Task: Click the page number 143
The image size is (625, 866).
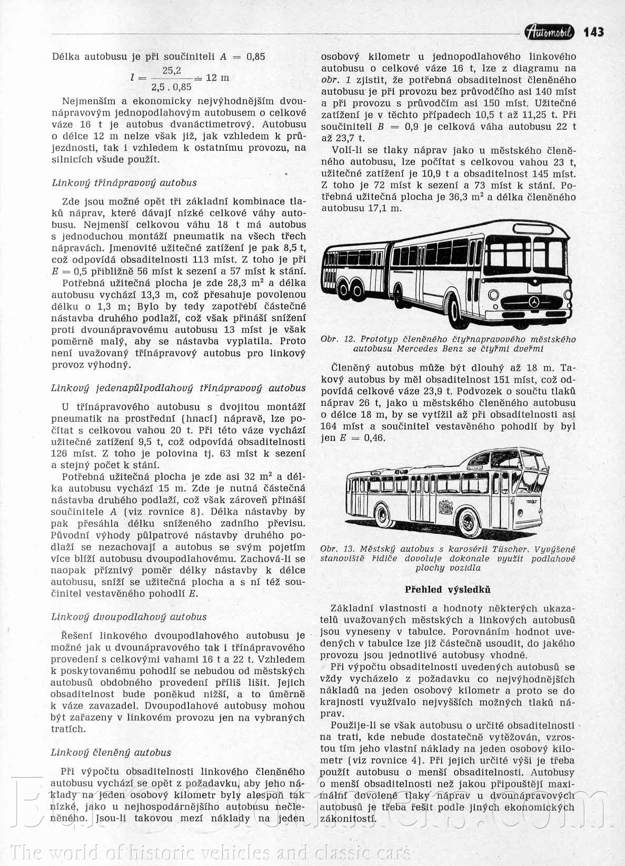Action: coord(593,32)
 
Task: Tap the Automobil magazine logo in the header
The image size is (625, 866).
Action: coord(551,33)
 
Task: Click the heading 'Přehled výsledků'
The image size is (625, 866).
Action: coord(448,589)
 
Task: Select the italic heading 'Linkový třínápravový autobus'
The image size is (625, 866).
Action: coord(124,183)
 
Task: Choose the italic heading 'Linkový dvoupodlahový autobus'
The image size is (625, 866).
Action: coord(129,617)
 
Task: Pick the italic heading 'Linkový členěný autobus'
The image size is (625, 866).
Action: coord(111,753)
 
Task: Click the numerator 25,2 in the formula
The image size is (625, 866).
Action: coord(172,70)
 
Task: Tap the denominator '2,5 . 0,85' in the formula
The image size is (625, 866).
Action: coord(172,87)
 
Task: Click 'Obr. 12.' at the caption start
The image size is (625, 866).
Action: coord(339,339)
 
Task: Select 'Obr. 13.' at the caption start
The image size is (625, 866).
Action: coord(338,549)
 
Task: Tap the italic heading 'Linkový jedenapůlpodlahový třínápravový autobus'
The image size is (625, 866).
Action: coord(178,388)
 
